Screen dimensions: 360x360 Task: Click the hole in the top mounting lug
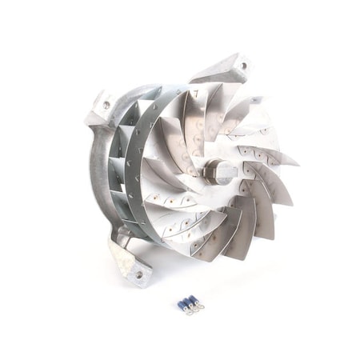pyautogui.click(x=243, y=65)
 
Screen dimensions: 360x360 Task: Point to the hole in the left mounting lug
pyautogui.click(x=106, y=104)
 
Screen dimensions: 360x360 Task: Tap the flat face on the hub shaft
pyautogui.click(x=225, y=170)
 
